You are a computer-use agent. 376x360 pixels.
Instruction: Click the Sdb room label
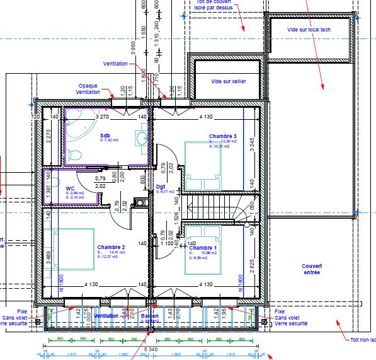(105, 136)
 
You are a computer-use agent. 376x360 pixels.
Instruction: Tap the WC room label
(70, 188)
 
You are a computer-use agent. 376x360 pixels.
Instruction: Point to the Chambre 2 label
(111, 247)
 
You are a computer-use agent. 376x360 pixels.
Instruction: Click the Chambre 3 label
(222, 136)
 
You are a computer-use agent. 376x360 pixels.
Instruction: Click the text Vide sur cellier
(228, 81)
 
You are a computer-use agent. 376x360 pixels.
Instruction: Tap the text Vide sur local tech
(309, 30)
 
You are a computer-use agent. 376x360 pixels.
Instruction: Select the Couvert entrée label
(311, 269)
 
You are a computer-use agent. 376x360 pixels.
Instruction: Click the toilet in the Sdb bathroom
(74, 153)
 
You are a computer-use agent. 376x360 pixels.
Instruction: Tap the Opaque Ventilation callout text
(88, 89)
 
